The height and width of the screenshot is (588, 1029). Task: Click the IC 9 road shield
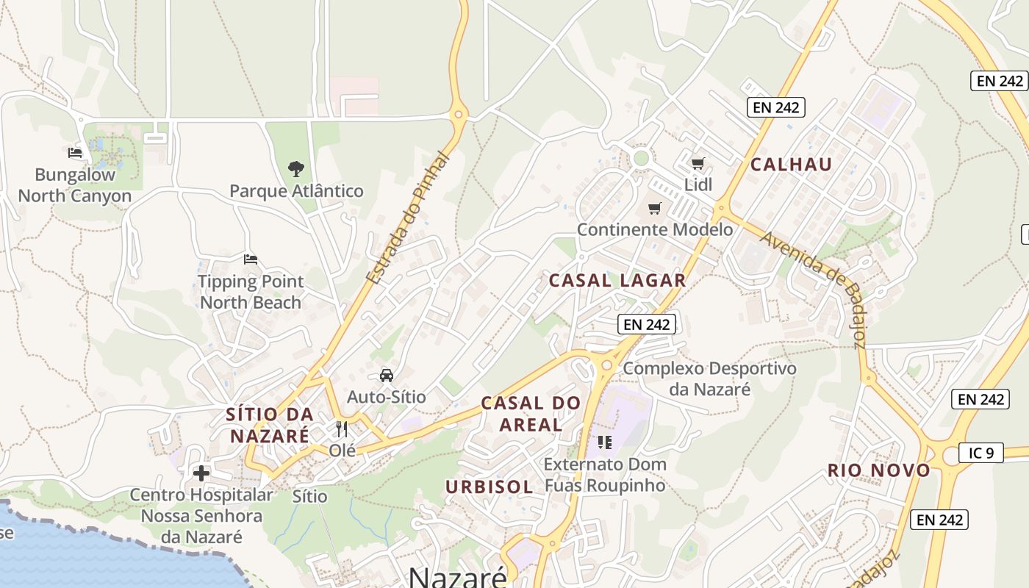coord(981,453)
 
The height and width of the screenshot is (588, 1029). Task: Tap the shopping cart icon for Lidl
coord(698,163)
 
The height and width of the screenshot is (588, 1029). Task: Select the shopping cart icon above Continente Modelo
coord(654,208)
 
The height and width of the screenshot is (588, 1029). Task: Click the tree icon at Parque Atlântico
coord(295,169)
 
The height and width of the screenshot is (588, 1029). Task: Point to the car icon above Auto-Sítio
coord(387,376)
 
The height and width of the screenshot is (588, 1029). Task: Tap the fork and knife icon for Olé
coord(342,429)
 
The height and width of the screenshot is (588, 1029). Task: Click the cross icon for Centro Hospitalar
coord(201,473)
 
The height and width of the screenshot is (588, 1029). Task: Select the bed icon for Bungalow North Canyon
coord(75,153)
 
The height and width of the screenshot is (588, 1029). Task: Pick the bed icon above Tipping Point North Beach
coord(251,259)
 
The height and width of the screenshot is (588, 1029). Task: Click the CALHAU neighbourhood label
coord(791,165)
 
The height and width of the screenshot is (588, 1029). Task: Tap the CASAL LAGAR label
coord(617,280)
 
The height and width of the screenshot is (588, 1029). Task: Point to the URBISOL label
coord(490,487)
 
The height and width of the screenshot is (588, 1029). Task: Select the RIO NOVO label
coord(879,470)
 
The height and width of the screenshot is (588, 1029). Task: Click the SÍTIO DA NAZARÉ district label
coord(270,425)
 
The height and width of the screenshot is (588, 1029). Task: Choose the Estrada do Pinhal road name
coord(406,218)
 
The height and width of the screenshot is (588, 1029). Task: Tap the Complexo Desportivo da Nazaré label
coord(709,378)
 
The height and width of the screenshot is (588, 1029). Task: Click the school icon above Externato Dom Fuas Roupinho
coord(605,442)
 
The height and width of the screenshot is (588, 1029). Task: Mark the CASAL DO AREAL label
coord(531,413)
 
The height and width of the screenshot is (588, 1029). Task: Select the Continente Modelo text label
coord(654,229)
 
